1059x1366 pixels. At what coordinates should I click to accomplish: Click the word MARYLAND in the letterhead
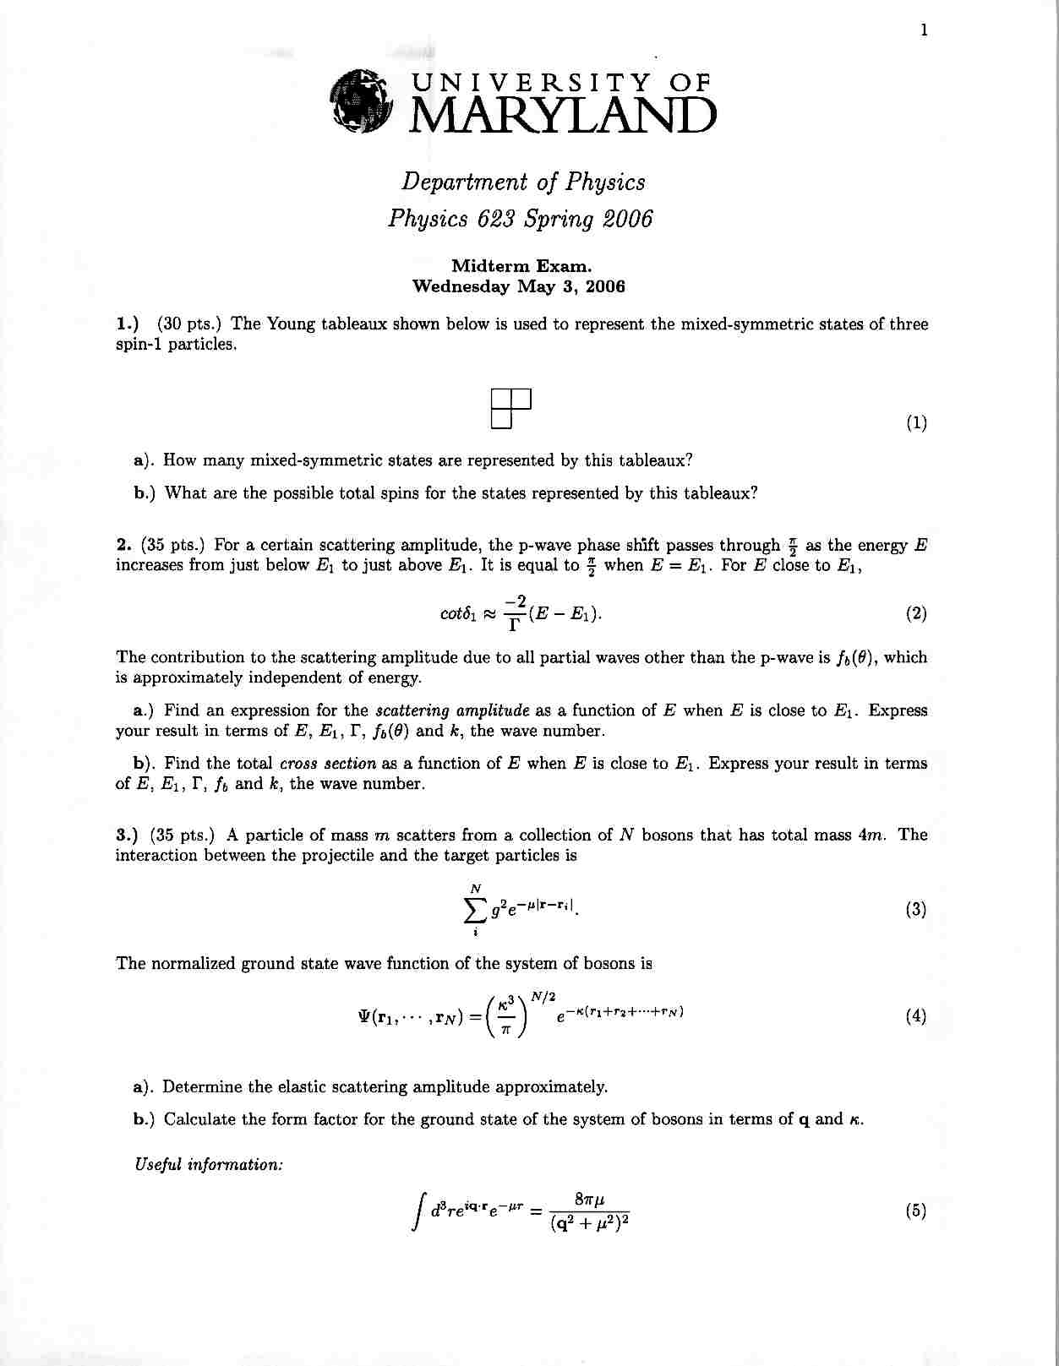562,116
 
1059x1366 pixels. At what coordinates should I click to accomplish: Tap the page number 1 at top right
924,30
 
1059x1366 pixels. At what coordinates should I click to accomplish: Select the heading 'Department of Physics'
523,182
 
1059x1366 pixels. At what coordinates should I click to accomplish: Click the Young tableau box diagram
510,408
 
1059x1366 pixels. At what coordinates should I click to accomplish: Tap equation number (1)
916,423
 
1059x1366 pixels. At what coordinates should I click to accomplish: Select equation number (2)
916,614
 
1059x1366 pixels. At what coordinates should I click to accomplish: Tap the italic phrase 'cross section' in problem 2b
328,764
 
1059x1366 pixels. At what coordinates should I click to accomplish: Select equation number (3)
916,910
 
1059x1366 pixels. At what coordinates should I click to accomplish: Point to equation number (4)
916,1016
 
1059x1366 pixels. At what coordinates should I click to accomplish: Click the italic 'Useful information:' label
209,1165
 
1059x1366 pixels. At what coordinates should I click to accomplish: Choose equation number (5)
916,1211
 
